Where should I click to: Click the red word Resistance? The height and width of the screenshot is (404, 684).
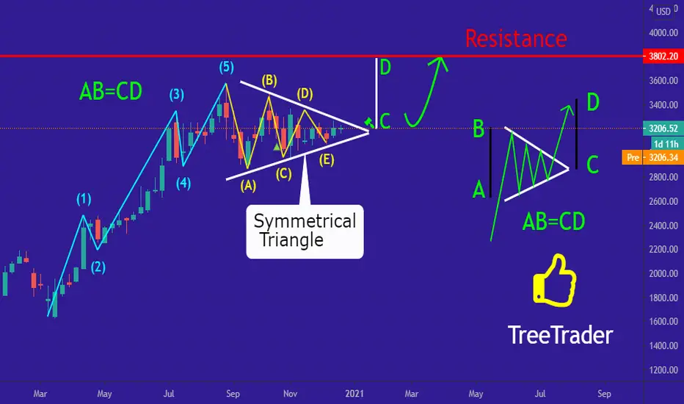(516, 38)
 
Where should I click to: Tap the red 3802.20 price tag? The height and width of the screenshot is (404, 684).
(663, 57)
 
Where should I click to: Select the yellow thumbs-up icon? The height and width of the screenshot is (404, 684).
(554, 280)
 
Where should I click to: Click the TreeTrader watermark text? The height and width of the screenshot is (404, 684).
(561, 335)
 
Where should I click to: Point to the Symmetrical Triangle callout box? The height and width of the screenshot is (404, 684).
(305, 231)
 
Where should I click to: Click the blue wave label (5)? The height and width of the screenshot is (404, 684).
(226, 68)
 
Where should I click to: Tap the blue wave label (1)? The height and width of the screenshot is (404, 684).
(84, 199)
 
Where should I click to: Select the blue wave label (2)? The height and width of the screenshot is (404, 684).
(98, 267)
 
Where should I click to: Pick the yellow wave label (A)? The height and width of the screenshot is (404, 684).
(248, 186)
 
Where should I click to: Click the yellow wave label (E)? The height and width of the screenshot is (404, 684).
(327, 160)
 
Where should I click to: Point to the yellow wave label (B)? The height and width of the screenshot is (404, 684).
(269, 80)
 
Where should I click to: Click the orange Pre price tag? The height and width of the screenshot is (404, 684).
(652, 157)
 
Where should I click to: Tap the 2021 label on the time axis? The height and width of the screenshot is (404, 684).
(354, 394)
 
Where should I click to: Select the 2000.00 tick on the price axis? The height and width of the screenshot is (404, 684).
(663, 273)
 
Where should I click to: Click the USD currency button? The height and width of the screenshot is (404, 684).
(663, 11)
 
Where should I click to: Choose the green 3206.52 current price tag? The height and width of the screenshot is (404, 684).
(663, 129)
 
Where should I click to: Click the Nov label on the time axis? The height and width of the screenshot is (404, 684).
(290, 394)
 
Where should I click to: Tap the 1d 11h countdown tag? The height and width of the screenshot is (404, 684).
(666, 144)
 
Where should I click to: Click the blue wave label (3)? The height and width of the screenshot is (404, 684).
(177, 94)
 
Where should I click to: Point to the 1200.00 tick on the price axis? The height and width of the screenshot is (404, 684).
(663, 370)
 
